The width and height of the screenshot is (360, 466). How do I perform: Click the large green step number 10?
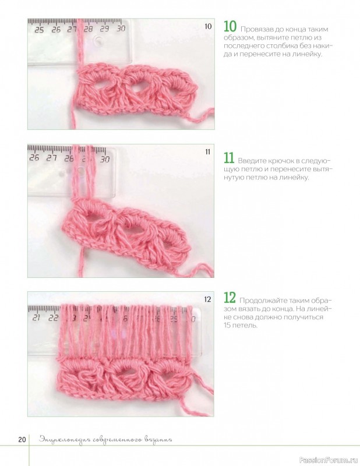(x=230, y=26)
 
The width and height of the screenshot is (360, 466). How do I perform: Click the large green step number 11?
(x=229, y=158)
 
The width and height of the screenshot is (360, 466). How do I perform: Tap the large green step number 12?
(x=230, y=298)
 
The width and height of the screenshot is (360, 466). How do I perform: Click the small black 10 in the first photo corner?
(x=208, y=26)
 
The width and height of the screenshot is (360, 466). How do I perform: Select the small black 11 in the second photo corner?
(x=208, y=152)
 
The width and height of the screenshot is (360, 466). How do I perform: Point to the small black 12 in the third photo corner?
(x=207, y=299)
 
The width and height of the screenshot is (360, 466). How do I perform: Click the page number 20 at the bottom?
(x=22, y=440)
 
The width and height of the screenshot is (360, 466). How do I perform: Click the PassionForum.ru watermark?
(x=329, y=460)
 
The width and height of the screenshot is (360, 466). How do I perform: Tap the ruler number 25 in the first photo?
(x=39, y=30)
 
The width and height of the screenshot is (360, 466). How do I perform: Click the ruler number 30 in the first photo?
(x=121, y=29)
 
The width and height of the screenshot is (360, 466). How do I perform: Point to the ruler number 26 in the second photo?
(x=34, y=157)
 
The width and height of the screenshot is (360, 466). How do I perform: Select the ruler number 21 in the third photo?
(x=36, y=317)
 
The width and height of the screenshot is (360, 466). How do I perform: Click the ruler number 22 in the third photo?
(x=53, y=317)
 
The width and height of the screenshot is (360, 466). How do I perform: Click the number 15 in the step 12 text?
(x=227, y=326)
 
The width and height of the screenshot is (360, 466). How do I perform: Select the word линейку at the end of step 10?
(x=309, y=54)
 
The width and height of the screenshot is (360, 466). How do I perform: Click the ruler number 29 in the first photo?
(x=104, y=29)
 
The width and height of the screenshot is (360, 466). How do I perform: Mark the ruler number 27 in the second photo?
(x=52, y=158)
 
